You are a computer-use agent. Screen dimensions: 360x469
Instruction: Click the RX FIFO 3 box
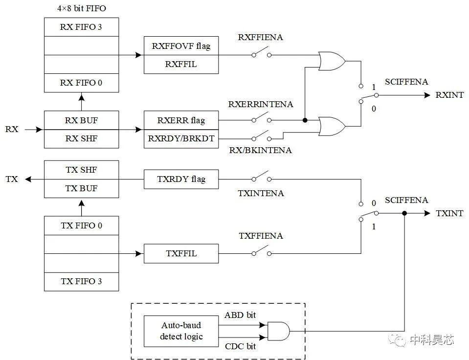(81, 27)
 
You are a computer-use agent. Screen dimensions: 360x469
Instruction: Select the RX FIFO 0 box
(81, 83)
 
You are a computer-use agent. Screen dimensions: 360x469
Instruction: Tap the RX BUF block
(81, 120)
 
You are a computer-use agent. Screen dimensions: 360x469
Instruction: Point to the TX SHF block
(81, 170)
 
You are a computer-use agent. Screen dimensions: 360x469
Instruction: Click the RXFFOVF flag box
(181, 46)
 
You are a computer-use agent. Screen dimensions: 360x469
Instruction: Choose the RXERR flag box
(181, 120)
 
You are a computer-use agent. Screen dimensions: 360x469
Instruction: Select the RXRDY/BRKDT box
(181, 138)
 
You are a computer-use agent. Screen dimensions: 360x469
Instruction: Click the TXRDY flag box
(181, 179)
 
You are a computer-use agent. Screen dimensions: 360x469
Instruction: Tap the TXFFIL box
(181, 253)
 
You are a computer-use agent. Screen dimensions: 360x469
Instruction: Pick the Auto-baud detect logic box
(181, 331)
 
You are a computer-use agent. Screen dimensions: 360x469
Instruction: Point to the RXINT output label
(449, 95)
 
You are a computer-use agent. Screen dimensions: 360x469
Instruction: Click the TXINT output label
(449, 213)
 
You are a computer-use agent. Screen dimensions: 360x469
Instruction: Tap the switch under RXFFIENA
(261, 54)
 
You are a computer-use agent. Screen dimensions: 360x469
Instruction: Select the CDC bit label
(240, 347)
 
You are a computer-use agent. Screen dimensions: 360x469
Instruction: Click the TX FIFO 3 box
(81, 281)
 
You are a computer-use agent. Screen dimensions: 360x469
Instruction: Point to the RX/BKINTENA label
(260, 150)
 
